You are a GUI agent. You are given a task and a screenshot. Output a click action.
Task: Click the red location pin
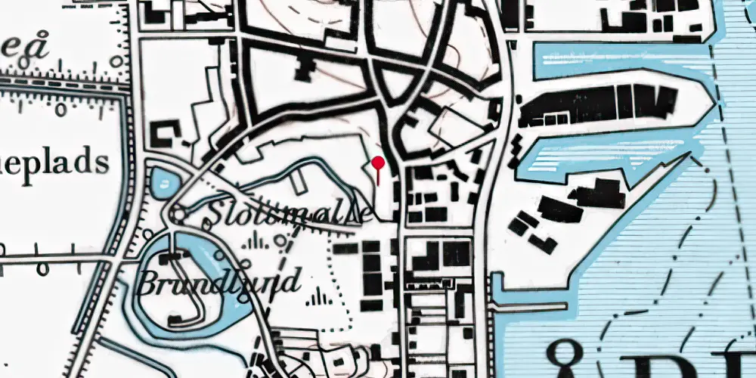(378, 163)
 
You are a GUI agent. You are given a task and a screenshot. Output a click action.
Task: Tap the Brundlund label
(218, 281)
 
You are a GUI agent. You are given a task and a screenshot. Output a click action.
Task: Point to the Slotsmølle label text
(287, 214)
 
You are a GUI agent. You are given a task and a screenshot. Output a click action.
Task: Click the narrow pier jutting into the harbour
(529, 307)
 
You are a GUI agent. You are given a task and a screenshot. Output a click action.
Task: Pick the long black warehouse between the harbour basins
(597, 104)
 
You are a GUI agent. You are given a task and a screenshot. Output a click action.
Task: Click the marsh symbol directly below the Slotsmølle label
(257, 242)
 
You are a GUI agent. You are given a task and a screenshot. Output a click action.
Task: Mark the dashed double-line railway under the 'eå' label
(60, 82)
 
